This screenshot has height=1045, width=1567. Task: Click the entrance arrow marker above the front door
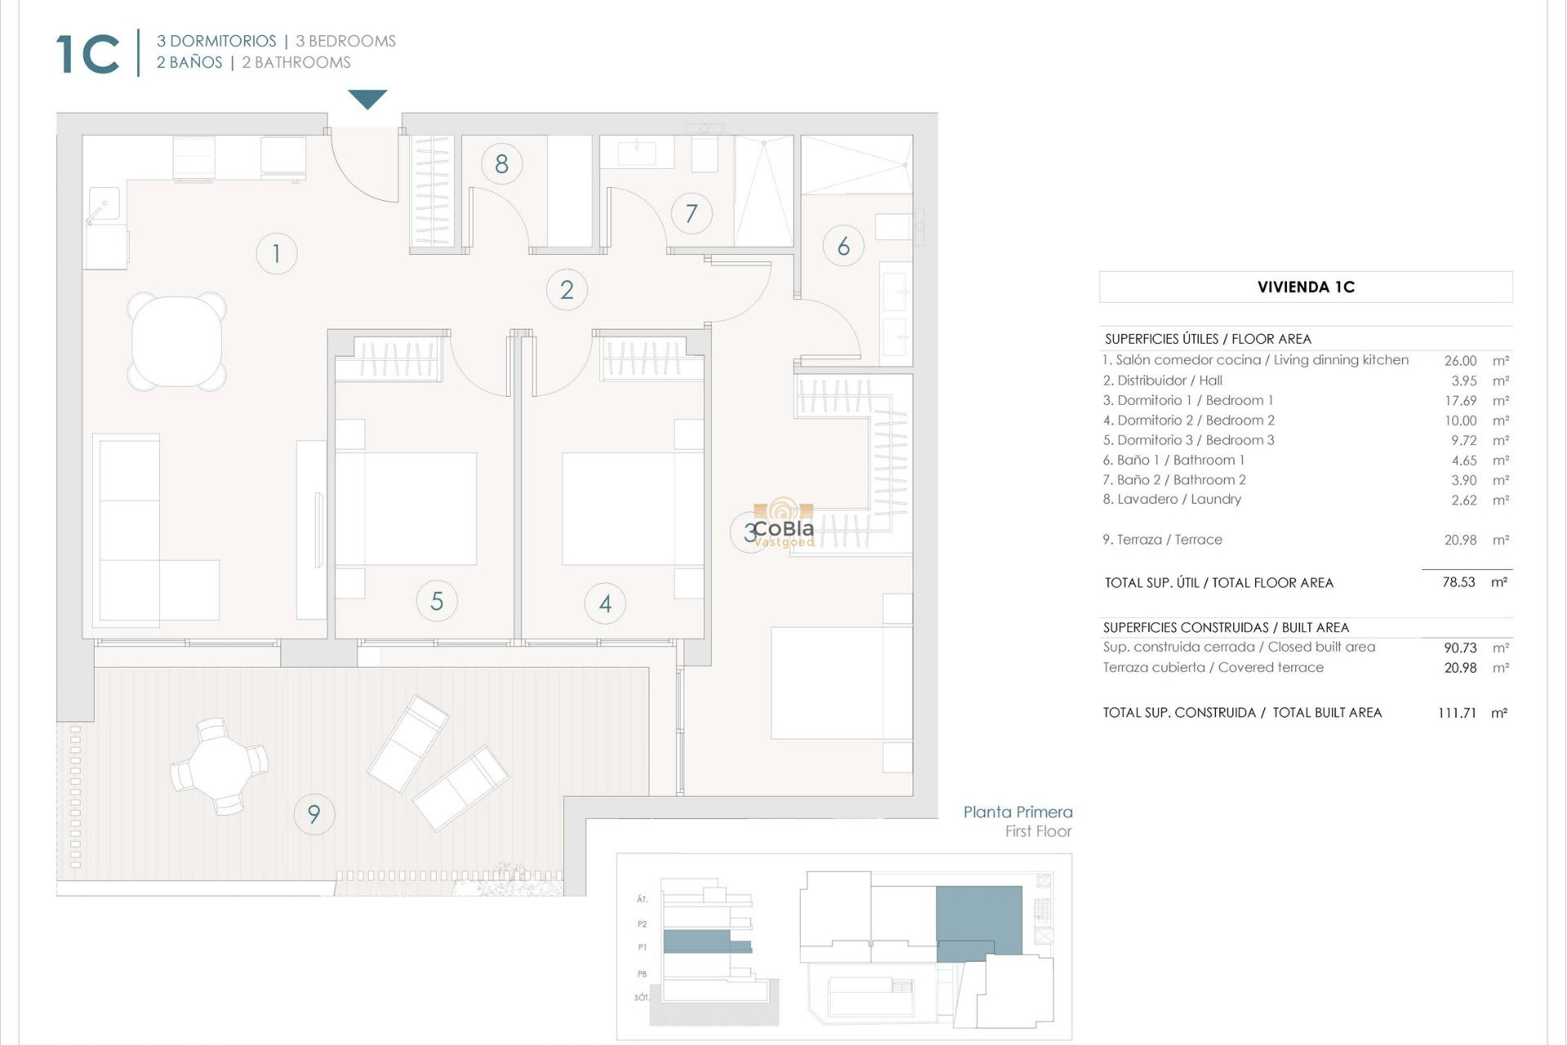tap(367, 99)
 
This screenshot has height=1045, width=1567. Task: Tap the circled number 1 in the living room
tap(276, 253)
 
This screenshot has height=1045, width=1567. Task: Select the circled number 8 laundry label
tap(501, 164)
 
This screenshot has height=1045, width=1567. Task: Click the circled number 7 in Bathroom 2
tap(691, 214)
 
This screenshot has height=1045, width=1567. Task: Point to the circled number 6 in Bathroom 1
tap(843, 246)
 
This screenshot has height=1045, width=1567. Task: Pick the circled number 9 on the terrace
tap(313, 814)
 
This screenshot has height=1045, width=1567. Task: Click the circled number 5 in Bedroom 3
tap(437, 602)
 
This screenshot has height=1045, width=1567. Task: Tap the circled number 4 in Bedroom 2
tap(605, 603)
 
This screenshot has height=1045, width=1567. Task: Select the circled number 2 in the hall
tap(566, 290)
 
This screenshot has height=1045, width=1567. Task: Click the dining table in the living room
tap(177, 341)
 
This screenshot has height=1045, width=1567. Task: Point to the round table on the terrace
tap(219, 767)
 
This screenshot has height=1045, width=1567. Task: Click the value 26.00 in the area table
tap(1460, 361)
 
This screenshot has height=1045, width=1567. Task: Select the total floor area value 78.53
tap(1458, 582)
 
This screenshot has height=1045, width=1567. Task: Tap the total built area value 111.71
tap(1457, 713)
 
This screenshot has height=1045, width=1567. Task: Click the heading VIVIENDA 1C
tap(1306, 287)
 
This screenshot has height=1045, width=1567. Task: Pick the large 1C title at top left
tap(88, 55)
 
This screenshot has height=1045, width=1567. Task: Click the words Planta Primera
tap(1017, 812)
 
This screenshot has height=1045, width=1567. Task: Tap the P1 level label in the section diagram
tap(642, 948)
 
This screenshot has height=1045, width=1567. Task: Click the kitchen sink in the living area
tap(104, 204)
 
